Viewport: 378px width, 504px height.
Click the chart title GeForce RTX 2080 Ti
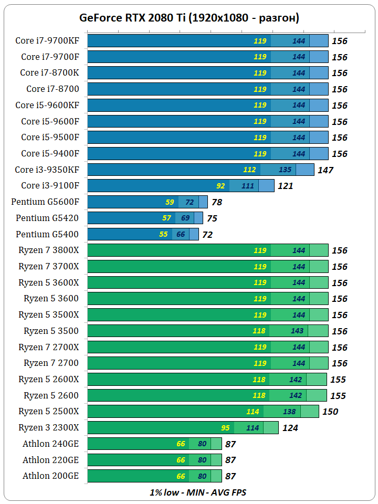189,18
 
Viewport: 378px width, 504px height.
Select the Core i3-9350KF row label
47,170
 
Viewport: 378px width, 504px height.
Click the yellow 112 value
250,170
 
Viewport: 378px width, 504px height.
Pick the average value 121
285,186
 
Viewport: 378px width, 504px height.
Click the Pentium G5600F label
45,202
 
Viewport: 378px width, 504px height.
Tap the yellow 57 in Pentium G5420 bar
167,218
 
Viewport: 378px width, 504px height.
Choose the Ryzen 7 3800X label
49,250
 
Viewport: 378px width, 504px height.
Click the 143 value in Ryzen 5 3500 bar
297,331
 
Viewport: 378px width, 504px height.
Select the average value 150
330,412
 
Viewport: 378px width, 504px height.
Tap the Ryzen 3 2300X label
49,428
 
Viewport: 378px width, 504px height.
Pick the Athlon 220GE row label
51,460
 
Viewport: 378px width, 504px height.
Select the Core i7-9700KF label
47,40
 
